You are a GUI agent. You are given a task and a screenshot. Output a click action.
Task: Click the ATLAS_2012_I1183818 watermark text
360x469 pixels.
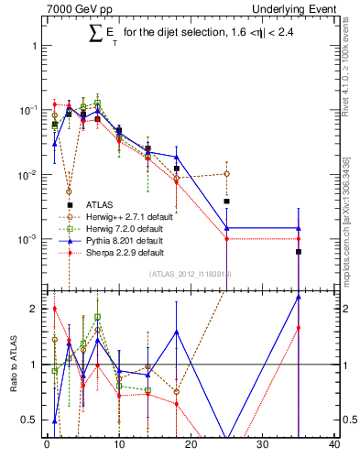click(x=190, y=275)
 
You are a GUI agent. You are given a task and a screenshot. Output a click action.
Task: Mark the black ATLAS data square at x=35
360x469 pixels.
click(x=299, y=251)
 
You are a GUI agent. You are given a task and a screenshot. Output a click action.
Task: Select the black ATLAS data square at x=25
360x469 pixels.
click(x=226, y=201)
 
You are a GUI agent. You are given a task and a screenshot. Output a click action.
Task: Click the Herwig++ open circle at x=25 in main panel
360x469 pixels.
click(x=226, y=173)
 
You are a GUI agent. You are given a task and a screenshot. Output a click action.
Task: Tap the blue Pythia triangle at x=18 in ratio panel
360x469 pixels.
click(x=176, y=332)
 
